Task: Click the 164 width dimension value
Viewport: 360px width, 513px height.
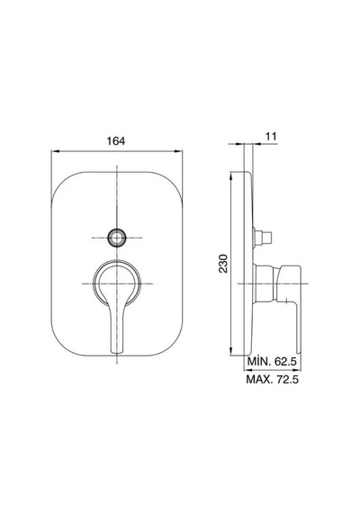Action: pyautogui.click(x=116, y=141)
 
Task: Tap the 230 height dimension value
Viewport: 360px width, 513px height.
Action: pyautogui.click(x=223, y=263)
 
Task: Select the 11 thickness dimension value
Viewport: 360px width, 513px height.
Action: pyautogui.click(x=271, y=136)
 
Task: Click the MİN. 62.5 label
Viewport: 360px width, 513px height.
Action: pyautogui.click(x=272, y=362)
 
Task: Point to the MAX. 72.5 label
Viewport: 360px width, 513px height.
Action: pyautogui.click(x=273, y=379)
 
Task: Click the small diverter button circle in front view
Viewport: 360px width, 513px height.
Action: pyautogui.click(x=117, y=238)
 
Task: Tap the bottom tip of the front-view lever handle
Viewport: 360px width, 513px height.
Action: pyautogui.click(x=117, y=352)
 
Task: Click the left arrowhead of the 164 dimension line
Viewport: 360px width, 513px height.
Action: pyautogui.click(x=55, y=151)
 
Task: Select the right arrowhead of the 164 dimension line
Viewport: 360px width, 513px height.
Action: pyautogui.click(x=179, y=151)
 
